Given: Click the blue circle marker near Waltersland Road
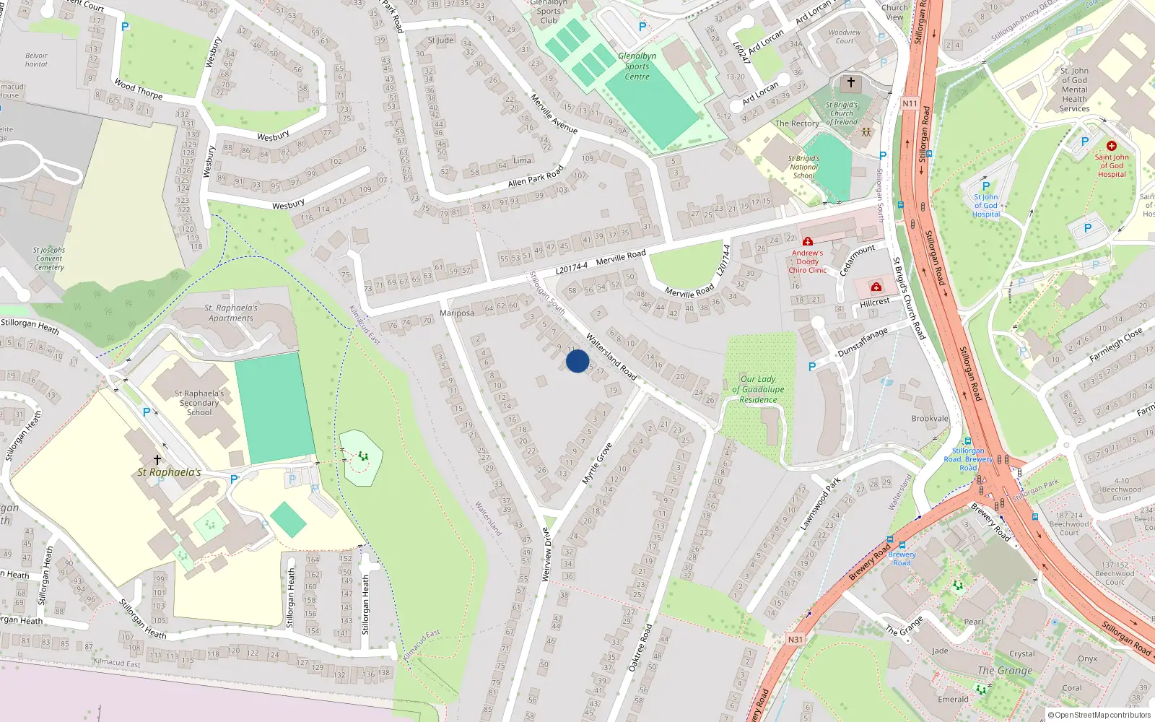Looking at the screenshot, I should (577, 361).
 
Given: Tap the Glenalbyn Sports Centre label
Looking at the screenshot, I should (637, 66).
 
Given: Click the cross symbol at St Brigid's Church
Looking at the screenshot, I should (850, 82).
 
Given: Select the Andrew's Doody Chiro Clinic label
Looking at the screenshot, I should (807, 261).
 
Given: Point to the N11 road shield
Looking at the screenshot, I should (910, 103).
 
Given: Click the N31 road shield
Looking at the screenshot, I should (795, 639).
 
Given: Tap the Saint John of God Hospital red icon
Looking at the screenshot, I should (1111, 146).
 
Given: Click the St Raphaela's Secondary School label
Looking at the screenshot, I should (199, 403).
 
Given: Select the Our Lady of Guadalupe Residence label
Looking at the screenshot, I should (758, 389).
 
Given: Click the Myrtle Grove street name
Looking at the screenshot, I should (597, 464).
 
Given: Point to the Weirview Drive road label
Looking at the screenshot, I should (546, 554).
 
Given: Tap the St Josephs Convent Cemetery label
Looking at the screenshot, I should (48, 258).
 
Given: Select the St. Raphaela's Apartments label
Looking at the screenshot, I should (231, 313).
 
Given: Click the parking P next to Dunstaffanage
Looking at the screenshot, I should (812, 367).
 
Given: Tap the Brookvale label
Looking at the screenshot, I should (930, 419).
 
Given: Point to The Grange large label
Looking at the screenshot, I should (1004, 670).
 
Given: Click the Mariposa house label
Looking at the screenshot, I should (456, 313).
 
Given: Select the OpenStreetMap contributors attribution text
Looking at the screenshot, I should (1099, 715).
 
